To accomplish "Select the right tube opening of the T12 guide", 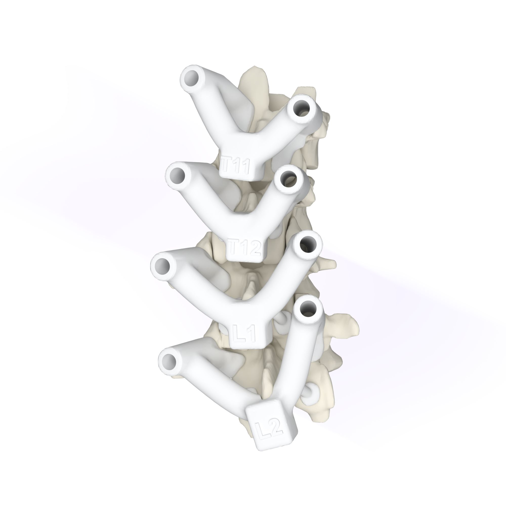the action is [288, 179].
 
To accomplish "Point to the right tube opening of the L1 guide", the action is [307, 244].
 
